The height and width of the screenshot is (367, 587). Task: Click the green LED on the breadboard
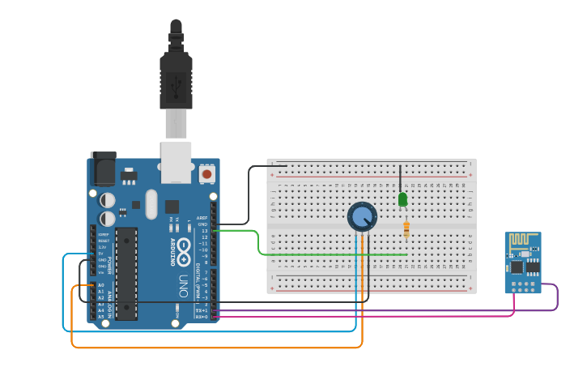[402, 199]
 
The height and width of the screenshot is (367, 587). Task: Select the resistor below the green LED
[406, 230]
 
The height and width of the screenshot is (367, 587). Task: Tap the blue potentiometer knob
[362, 216]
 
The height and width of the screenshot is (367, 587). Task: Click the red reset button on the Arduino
[206, 173]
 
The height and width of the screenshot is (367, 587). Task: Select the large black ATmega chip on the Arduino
[125, 273]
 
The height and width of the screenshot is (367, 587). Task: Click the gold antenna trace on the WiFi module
[522, 241]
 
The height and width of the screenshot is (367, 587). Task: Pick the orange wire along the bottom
[219, 348]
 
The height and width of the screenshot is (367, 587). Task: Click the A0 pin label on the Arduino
[100, 285]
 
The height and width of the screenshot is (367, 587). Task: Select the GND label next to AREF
[203, 224]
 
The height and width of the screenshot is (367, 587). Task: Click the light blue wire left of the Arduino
[63, 292]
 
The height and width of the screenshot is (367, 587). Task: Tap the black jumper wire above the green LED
[400, 178]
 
